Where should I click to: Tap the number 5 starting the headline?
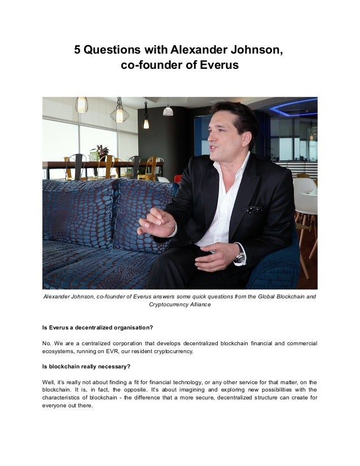tap(78, 50)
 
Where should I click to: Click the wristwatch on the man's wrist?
tap(240, 257)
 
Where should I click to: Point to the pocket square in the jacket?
tap(254, 209)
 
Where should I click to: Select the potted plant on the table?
tap(100, 152)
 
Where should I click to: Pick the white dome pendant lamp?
tap(168, 110)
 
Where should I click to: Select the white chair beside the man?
tap(305, 197)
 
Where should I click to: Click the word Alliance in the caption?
tap(197, 304)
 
